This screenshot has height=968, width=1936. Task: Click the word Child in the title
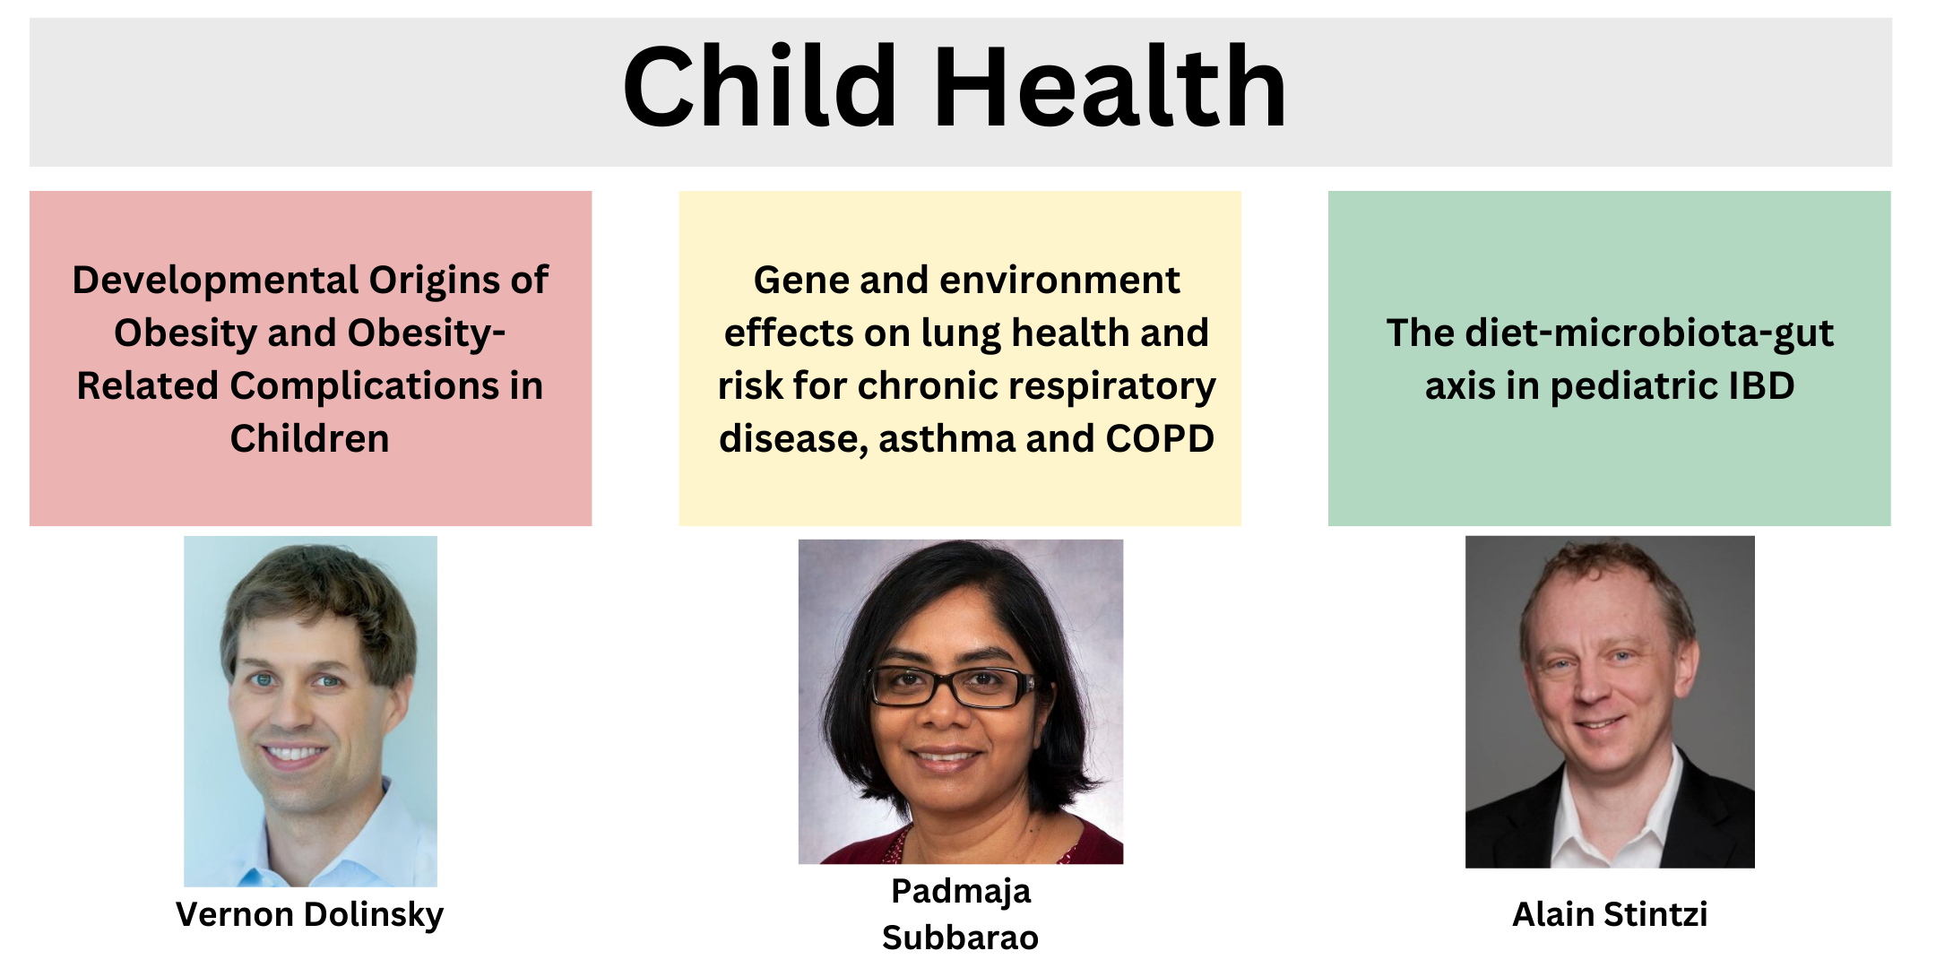pos(760,87)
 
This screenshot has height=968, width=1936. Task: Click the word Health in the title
pos(1111,87)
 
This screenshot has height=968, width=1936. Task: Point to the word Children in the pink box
pos(309,438)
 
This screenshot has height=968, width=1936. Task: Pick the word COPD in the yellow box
pos(1160,438)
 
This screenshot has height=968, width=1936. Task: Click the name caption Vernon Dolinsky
pos(310,915)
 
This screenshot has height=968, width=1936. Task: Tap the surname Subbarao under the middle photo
pos(961,938)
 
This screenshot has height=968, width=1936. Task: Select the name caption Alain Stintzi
pos(1610,914)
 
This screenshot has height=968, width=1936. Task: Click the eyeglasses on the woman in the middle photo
pos(952,687)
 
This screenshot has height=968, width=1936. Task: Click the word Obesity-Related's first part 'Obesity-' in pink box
pos(309,334)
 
